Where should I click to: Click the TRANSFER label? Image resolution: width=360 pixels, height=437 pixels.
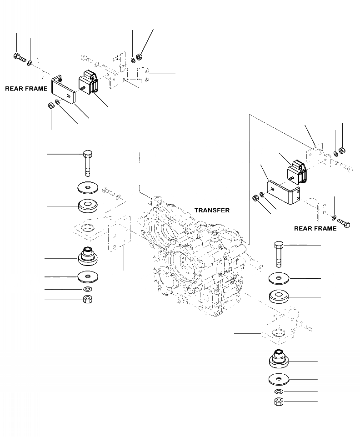[x=212, y=211]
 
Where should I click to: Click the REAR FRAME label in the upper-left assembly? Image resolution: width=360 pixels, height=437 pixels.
[x=26, y=89]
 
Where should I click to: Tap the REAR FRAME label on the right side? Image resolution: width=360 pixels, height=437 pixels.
[x=315, y=228]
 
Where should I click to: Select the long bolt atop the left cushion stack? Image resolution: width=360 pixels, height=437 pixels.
[x=88, y=161]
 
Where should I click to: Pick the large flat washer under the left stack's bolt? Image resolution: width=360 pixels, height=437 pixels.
[x=89, y=187]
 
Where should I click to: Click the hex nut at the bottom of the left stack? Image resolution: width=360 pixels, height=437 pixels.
[x=88, y=300]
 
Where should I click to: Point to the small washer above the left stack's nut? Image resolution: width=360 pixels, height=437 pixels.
[x=88, y=289]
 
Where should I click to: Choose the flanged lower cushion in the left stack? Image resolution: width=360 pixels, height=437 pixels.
[x=88, y=257]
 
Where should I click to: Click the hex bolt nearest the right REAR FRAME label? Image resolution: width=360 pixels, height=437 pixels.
[x=344, y=222]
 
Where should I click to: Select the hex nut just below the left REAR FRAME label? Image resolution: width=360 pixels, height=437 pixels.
[x=51, y=105]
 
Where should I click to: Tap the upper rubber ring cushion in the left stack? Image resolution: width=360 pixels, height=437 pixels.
[x=89, y=206]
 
